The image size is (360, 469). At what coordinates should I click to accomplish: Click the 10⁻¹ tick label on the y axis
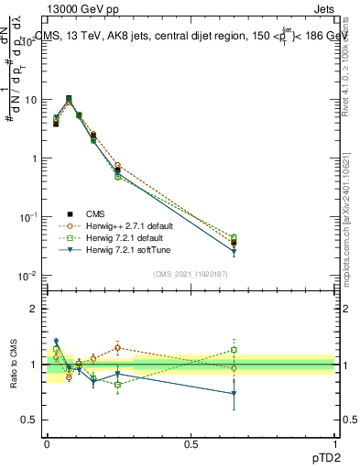click(27, 217)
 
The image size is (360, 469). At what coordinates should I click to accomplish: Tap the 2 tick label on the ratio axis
click(34, 309)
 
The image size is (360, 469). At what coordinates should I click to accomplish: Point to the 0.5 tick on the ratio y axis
click(29, 420)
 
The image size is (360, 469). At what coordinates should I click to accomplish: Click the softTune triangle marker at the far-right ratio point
click(234, 394)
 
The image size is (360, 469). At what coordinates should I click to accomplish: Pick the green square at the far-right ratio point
click(234, 350)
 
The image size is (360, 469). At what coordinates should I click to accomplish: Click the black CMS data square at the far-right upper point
click(234, 244)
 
